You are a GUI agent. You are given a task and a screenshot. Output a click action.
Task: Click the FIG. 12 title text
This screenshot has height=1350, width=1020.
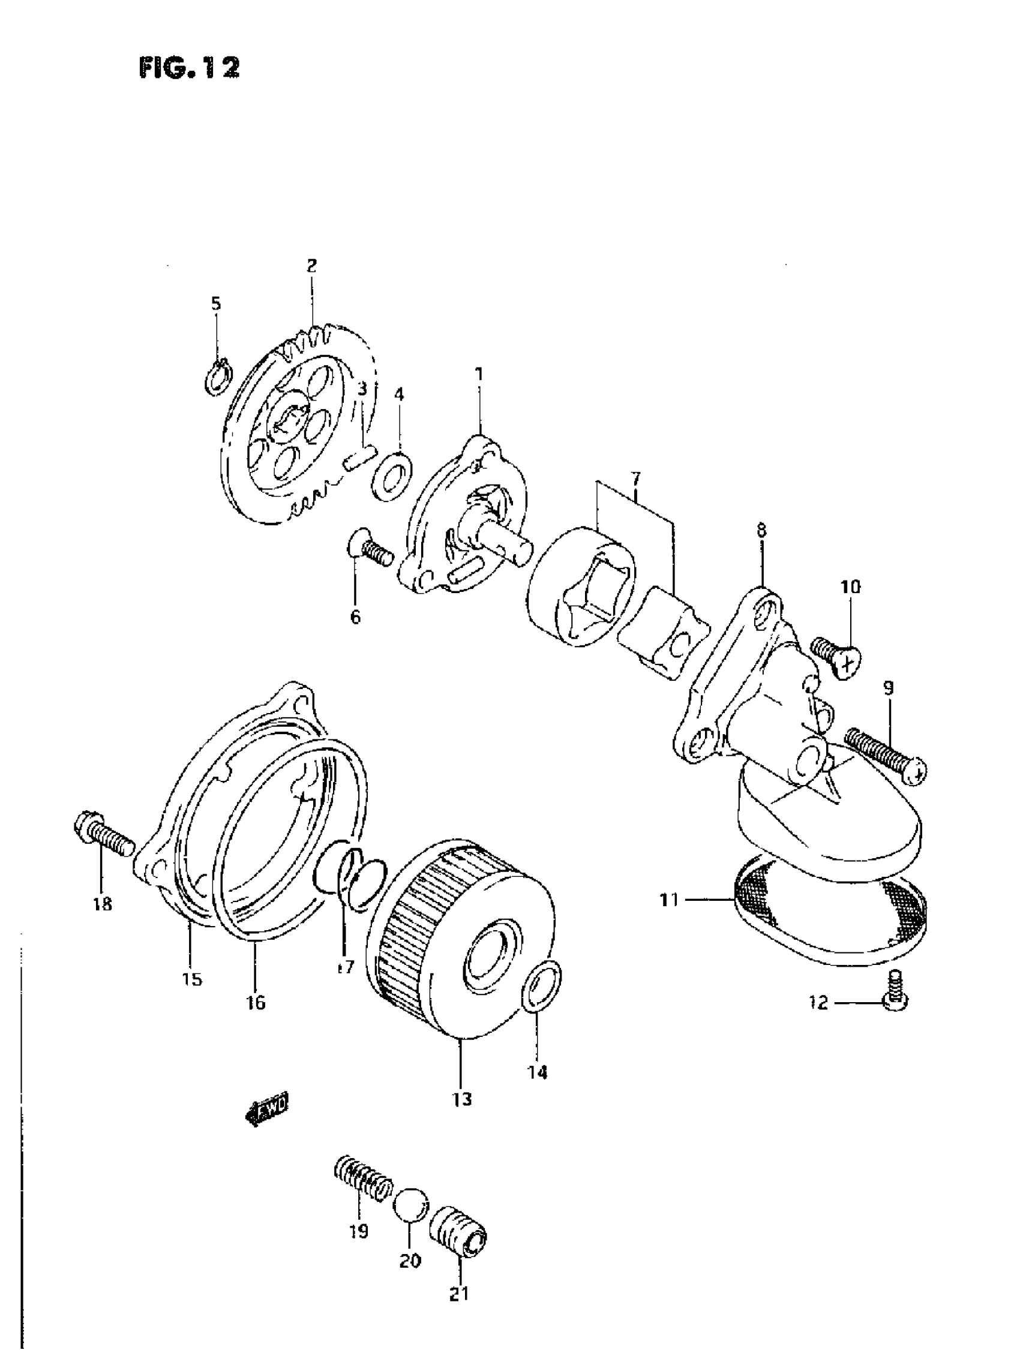[189, 67]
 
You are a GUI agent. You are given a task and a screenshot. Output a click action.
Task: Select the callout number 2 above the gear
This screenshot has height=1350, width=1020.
[311, 266]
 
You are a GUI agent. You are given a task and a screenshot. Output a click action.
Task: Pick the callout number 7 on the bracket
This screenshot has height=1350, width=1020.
[635, 478]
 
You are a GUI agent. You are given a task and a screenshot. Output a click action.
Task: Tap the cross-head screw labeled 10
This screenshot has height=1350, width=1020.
[838, 656]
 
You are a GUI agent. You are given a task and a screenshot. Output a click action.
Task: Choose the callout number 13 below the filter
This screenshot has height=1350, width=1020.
[463, 1099]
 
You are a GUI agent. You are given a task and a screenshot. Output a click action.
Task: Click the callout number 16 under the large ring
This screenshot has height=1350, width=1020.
[256, 1002]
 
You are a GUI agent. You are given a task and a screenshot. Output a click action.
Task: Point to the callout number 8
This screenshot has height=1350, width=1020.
[762, 530]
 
